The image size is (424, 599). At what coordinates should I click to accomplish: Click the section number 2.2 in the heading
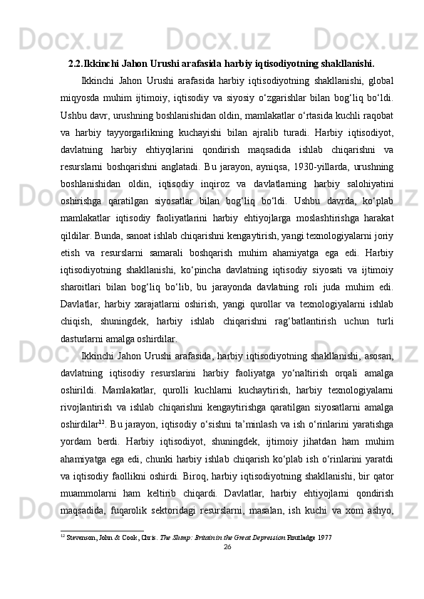tap(75, 62)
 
